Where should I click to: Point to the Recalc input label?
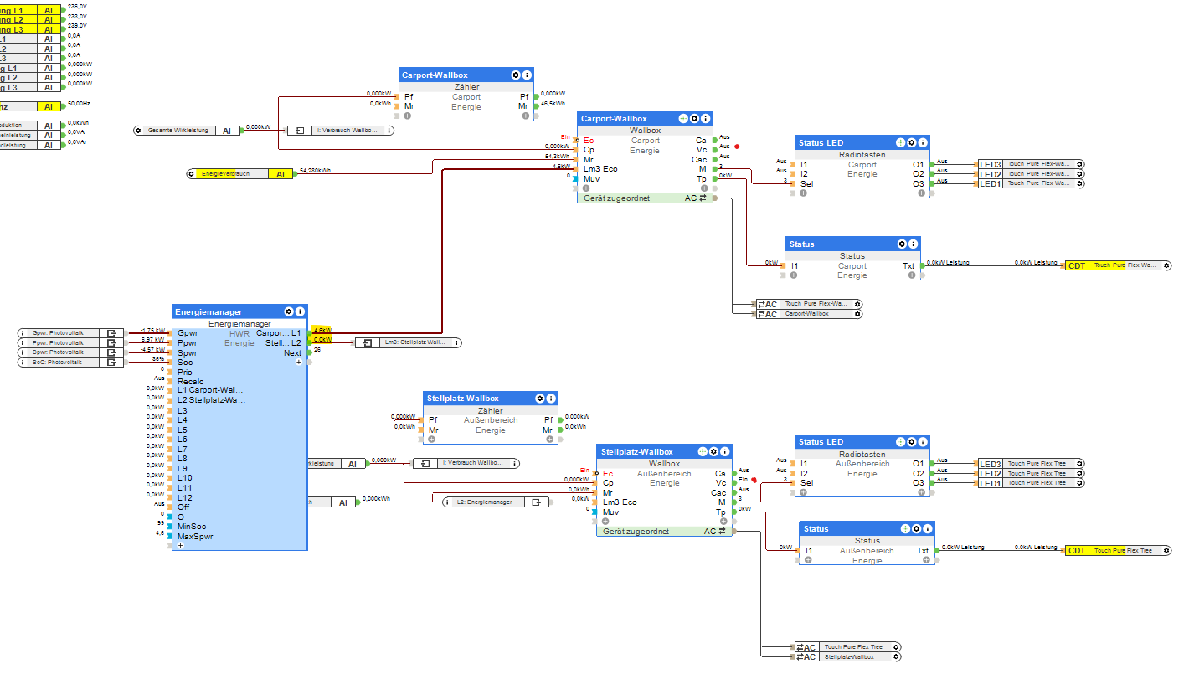point(190,381)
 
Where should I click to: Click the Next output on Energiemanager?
point(292,353)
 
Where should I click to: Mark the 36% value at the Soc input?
point(158,359)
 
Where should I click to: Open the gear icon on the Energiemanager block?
point(289,311)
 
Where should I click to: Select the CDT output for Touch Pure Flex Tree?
point(1077,551)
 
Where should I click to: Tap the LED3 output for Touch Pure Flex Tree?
point(990,464)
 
